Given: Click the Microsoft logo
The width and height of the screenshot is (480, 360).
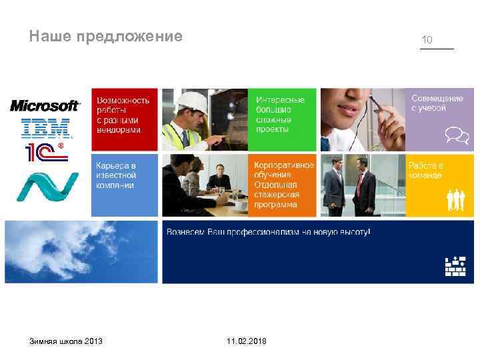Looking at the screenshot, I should pyautogui.click(x=45, y=105).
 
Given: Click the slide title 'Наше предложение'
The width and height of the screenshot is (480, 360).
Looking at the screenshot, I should pyautogui.click(x=105, y=36).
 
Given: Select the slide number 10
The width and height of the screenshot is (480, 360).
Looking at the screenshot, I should pyautogui.click(x=427, y=40).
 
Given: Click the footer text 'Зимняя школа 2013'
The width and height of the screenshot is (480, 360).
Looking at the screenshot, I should pyautogui.click(x=66, y=341).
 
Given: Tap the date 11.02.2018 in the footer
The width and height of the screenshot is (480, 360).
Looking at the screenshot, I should pyautogui.click(x=246, y=341).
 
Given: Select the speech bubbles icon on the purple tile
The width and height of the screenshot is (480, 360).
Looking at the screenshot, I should pyautogui.click(x=455, y=135).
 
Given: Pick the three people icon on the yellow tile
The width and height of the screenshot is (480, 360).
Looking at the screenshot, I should pyautogui.click(x=455, y=198).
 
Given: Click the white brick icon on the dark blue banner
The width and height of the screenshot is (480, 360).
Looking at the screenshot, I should pyautogui.click(x=455, y=265).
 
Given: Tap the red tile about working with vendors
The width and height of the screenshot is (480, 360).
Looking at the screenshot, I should pyautogui.click(x=124, y=119).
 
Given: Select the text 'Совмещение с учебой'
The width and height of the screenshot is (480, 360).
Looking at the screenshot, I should pyautogui.click(x=437, y=103).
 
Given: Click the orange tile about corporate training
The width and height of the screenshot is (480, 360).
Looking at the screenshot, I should pyautogui.click(x=283, y=185).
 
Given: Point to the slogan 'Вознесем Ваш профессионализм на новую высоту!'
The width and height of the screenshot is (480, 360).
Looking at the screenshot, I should pyautogui.click(x=268, y=232).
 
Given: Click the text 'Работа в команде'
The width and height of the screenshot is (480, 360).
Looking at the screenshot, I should pyautogui.click(x=426, y=170).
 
